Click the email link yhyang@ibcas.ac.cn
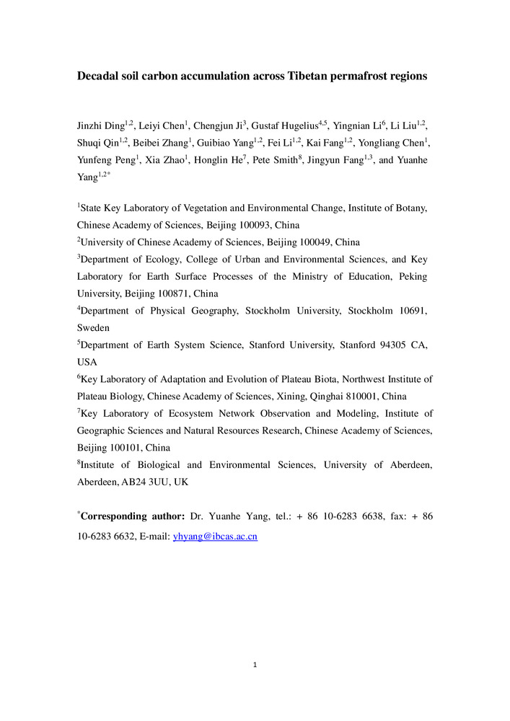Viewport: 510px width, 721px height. pos(215,537)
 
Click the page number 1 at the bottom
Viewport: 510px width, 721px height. pos(255,664)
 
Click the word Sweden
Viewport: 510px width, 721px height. pos(93,327)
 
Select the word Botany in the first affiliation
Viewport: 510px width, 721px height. pos(412,208)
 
